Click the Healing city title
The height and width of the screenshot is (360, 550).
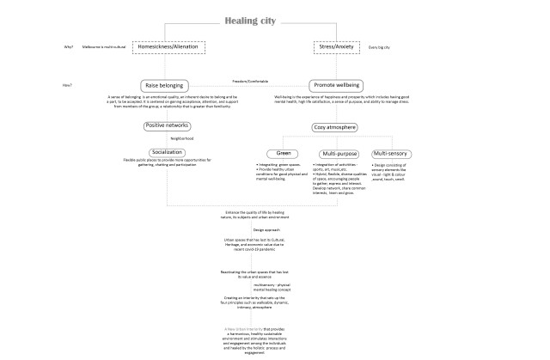pos(250,21)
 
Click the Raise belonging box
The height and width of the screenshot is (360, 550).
pos(169,86)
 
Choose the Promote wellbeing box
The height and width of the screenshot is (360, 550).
pos(335,86)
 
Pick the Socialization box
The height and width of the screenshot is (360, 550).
pos(168,151)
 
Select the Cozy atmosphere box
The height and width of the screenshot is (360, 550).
pos(336,127)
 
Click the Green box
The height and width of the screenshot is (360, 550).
pos(284,153)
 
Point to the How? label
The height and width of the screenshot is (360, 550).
pos(67,85)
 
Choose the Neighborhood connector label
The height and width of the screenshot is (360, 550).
pos(182,138)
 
